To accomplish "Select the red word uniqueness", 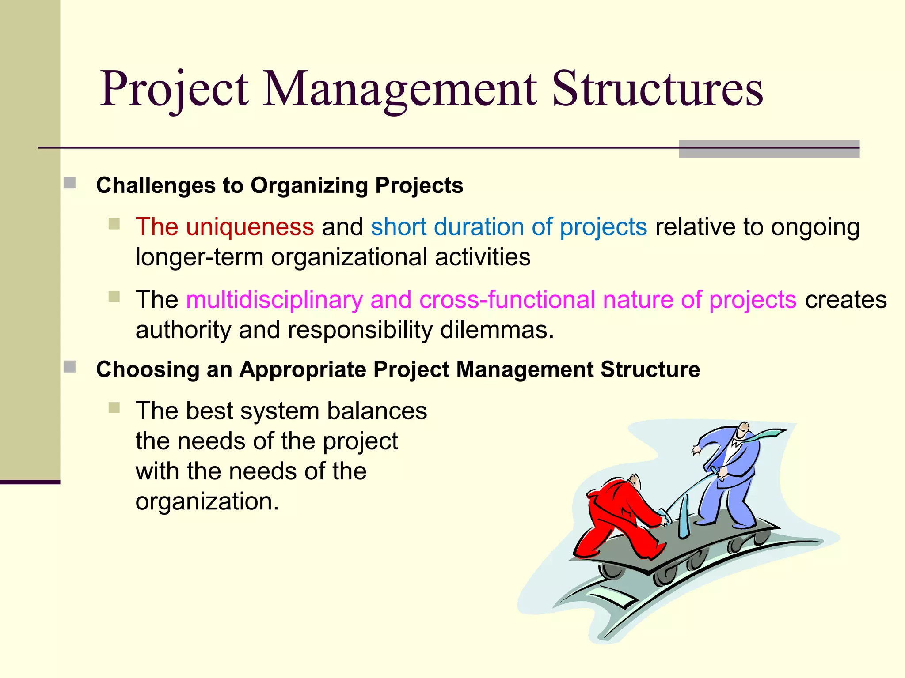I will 250,227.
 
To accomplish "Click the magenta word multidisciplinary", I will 274,300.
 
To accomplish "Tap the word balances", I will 376,411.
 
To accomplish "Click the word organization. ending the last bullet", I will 207,501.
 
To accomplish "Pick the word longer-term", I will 199,257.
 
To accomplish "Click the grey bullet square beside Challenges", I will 69,183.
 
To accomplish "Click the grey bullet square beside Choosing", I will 69,367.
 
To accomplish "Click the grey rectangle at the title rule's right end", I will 768,149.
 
